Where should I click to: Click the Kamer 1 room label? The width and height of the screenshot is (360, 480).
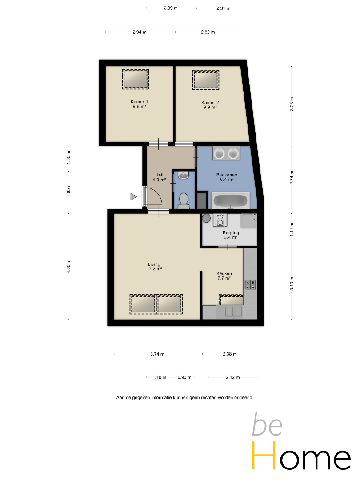[139, 104]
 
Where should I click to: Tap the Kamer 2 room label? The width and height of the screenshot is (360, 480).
[210, 105]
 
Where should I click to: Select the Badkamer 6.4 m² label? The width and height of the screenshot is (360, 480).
[227, 177]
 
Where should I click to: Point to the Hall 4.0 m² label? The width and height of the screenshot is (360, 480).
[159, 177]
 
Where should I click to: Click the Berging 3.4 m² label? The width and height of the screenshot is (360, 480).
[231, 235]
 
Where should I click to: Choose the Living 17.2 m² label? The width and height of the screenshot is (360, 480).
[154, 266]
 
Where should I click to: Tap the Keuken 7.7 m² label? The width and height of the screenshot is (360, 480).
[224, 276]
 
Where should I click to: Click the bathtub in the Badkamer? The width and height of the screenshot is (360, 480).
[230, 201]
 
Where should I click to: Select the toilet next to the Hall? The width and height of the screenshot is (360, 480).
[184, 200]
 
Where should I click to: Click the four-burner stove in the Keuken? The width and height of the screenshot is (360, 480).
[250, 285]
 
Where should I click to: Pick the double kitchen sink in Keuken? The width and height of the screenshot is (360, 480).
[234, 312]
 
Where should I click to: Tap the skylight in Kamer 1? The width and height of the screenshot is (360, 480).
[136, 79]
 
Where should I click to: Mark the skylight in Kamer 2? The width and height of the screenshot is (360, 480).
[206, 80]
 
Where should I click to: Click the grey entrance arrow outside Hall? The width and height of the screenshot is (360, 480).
[133, 196]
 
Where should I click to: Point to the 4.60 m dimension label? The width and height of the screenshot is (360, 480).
[68, 266]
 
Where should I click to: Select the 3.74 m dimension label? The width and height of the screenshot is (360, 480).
[157, 354]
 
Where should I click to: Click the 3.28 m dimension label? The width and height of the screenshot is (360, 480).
[292, 104]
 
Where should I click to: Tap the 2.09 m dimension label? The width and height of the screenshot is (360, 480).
[171, 8]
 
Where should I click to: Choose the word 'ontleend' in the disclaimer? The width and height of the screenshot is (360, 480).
[244, 398]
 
